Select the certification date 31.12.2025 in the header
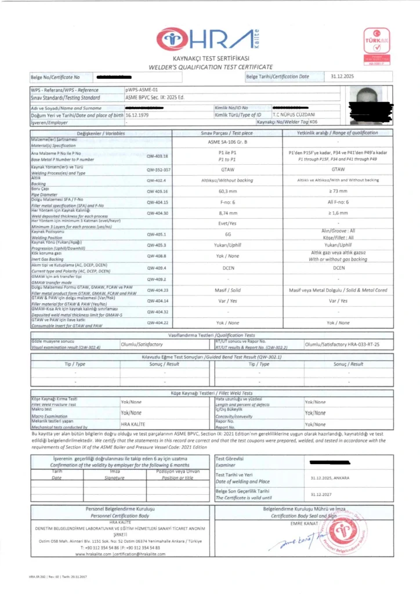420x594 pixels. [342, 76]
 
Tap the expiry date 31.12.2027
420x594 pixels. [320, 495]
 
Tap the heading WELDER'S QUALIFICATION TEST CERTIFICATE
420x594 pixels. [210, 67]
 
